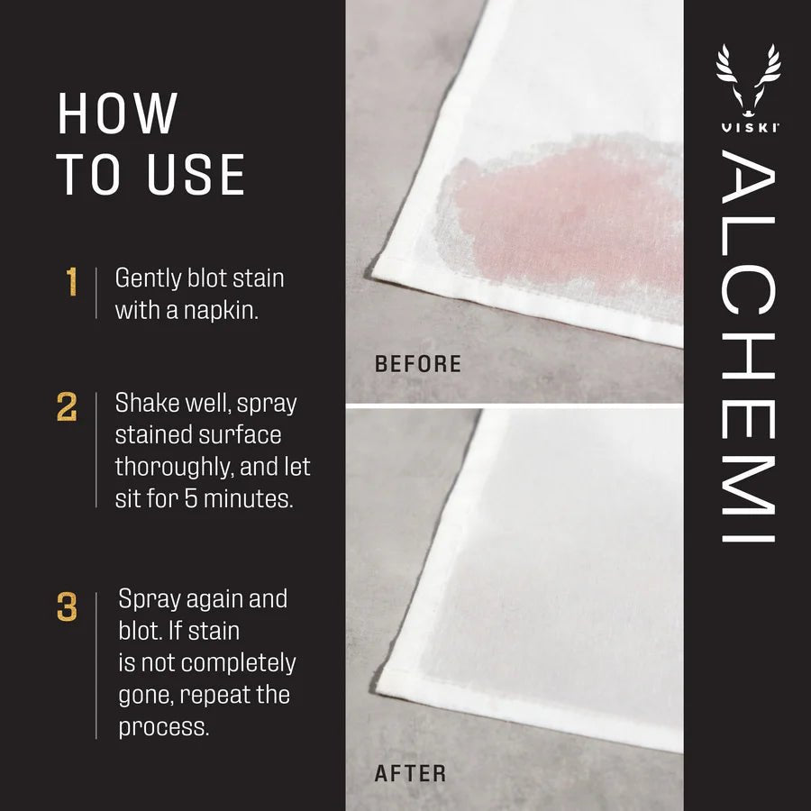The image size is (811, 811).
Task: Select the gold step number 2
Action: pyautogui.click(x=67, y=406)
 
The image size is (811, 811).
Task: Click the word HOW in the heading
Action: pyautogui.click(x=117, y=114)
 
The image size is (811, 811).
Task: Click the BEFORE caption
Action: pyautogui.click(x=418, y=365)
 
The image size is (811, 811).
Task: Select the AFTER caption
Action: pyautogui.click(x=410, y=773)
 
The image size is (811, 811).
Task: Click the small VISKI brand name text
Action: pyautogui.click(x=748, y=127)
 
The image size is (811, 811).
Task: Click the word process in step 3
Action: pyautogui.click(x=163, y=726)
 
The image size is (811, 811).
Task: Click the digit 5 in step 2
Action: pyautogui.click(x=186, y=498)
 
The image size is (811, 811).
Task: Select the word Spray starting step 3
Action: pyautogui.click(x=150, y=600)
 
